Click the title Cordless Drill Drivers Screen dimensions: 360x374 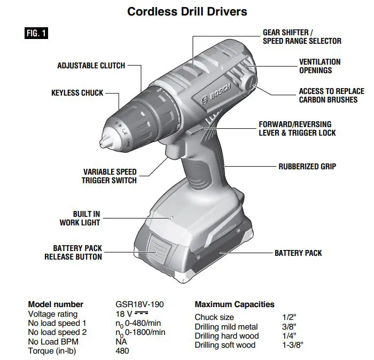187,11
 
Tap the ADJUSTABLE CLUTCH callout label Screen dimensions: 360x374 91,66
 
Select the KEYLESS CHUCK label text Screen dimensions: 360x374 77,93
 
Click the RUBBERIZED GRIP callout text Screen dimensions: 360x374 307,167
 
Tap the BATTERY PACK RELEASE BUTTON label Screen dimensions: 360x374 73,253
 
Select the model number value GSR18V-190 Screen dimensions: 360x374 139,304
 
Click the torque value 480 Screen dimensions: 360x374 122,351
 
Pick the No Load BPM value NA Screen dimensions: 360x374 120,342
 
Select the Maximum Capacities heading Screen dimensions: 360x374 235,304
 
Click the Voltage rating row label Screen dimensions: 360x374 52,314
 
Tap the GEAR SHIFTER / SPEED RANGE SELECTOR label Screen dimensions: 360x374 301,37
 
